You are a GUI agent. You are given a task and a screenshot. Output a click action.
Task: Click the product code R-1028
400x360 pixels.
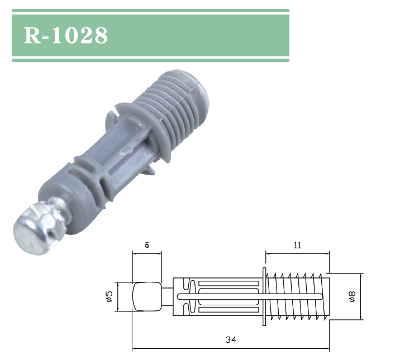[x=66, y=35]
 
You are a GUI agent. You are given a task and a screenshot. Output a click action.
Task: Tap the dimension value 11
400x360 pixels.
[x=297, y=245]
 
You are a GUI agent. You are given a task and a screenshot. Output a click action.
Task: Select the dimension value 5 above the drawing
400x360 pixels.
[x=146, y=245]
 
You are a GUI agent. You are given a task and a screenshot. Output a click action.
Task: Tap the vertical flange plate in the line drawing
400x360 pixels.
[x=263, y=296]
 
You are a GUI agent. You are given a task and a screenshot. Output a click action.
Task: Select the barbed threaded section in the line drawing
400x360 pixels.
[x=296, y=296]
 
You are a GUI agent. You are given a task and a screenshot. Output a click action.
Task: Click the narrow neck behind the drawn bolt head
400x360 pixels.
[x=167, y=296]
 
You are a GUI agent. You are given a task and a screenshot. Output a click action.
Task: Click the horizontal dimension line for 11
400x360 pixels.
[x=297, y=253]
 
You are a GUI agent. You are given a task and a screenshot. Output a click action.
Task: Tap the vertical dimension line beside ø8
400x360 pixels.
[x=361, y=296]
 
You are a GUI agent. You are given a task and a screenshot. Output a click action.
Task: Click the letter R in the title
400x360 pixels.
[x=32, y=35]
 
